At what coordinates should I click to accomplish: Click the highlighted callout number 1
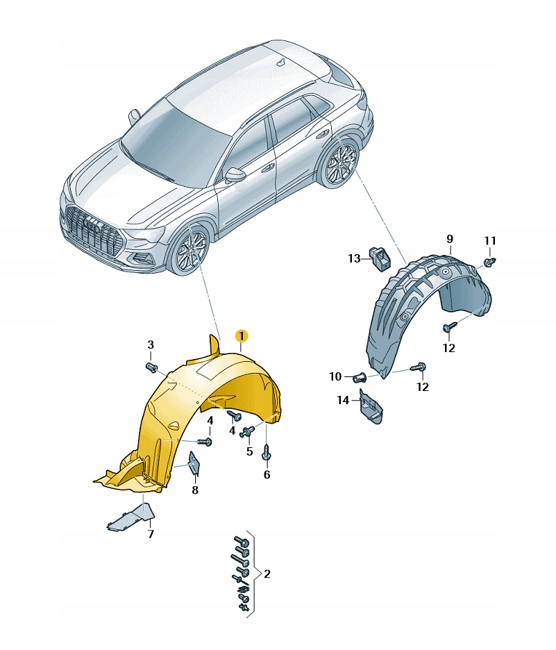click(x=241, y=337)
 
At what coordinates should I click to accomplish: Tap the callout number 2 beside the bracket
click(x=267, y=574)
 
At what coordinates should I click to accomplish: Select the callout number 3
click(x=150, y=345)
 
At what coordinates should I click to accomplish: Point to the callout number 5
click(x=249, y=451)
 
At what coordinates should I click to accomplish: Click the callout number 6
click(x=267, y=475)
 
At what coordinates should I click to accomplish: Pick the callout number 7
click(x=150, y=534)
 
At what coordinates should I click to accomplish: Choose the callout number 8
click(x=195, y=490)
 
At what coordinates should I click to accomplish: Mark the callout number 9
click(x=449, y=240)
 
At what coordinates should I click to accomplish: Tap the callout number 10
click(x=335, y=376)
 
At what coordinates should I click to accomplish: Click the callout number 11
click(x=490, y=241)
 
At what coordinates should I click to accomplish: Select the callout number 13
click(x=355, y=258)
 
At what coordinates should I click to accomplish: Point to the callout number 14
click(x=343, y=399)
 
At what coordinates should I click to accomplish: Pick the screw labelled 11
click(x=491, y=262)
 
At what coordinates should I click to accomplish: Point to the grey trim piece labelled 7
click(x=132, y=518)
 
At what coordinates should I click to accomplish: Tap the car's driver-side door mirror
click(x=237, y=174)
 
